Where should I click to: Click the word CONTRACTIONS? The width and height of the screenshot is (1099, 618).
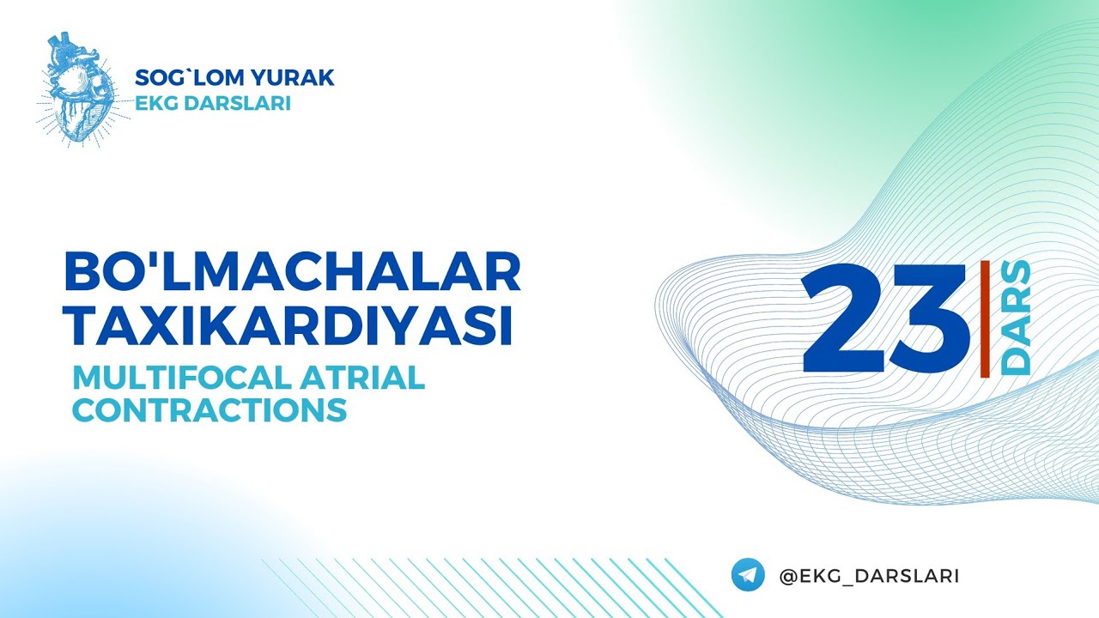pyautogui.click(x=209, y=409)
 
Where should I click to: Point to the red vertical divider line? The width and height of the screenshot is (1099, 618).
pyautogui.click(x=984, y=318)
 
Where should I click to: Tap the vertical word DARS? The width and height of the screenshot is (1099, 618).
pyautogui.click(x=1017, y=318)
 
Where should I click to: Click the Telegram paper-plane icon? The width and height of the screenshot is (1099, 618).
pyautogui.click(x=748, y=575)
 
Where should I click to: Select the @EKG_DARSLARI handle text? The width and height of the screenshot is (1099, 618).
pyautogui.click(x=869, y=576)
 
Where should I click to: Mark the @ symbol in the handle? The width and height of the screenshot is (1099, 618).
pyautogui.click(x=787, y=576)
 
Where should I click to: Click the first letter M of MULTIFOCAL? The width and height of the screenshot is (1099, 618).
pyautogui.click(x=86, y=378)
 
